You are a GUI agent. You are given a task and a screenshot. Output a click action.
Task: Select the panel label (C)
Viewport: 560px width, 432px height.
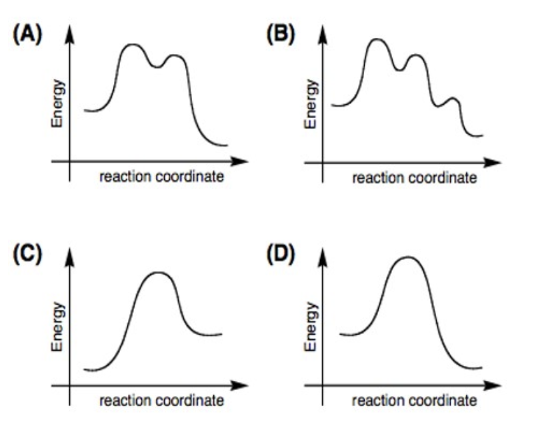[29, 257]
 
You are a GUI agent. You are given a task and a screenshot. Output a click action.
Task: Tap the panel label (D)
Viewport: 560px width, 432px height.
[281, 257]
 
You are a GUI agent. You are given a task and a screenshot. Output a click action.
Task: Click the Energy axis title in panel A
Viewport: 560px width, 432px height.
[59, 103]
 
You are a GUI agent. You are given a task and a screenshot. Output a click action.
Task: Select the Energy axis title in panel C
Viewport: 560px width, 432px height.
[59, 327]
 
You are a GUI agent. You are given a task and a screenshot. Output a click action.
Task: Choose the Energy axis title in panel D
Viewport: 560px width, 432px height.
[310, 327]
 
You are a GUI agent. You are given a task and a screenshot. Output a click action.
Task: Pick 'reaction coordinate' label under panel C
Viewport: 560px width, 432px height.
[161, 401]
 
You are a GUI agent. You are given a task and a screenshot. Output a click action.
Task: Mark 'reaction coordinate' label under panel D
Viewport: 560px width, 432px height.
[414, 401]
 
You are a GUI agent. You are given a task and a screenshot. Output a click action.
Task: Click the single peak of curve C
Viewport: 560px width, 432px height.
[158, 272]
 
